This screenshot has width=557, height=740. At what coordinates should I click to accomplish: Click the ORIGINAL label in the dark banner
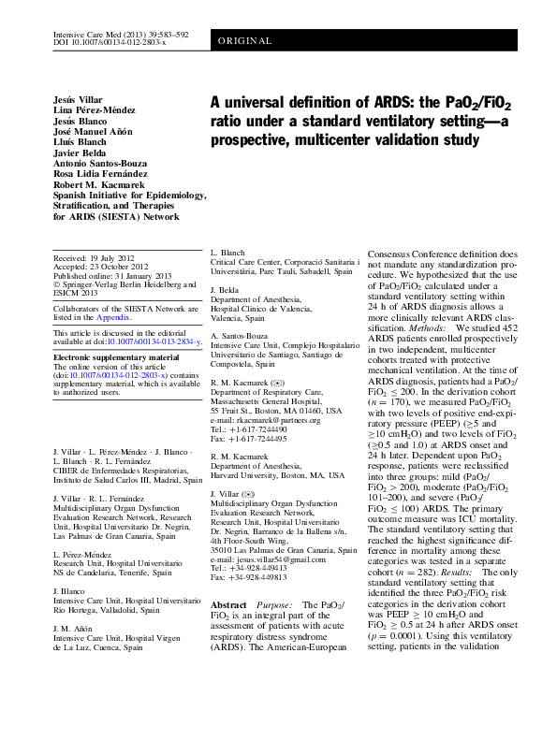tap(245, 41)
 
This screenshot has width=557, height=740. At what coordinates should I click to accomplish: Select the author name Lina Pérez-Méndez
tap(91, 112)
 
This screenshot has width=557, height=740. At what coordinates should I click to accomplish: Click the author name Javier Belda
tap(80, 149)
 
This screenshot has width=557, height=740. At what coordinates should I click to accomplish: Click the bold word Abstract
tap(228, 605)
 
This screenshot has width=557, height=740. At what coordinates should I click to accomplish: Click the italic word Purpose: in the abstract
tap(275, 605)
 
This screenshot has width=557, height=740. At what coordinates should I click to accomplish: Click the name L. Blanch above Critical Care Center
tap(227, 254)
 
